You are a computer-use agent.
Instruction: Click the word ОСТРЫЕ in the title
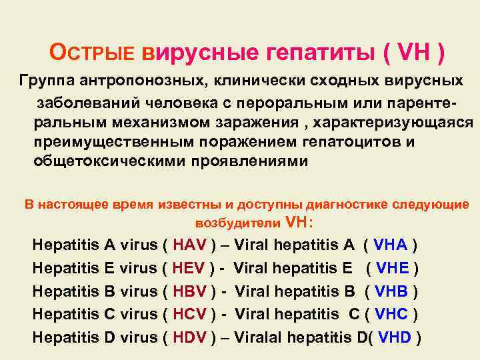pos(93,51)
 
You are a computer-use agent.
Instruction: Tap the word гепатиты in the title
pos(313,51)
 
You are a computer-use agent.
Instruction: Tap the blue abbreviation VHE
pos(394,268)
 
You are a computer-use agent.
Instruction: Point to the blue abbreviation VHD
pos(395,337)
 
